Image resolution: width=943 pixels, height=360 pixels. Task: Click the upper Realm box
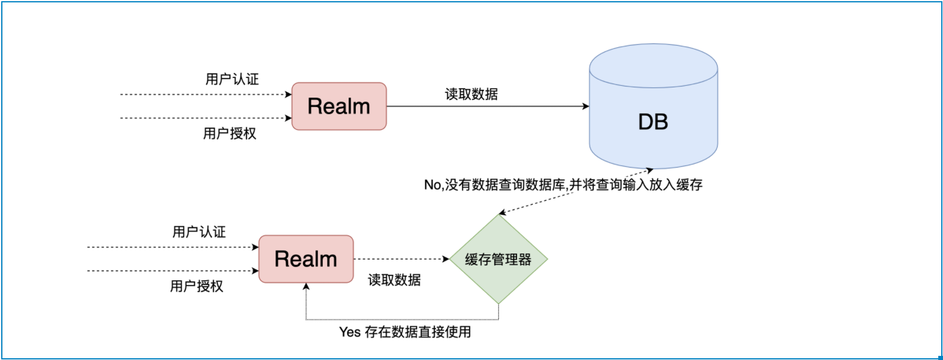click(339, 106)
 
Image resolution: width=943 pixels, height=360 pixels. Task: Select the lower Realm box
click(306, 259)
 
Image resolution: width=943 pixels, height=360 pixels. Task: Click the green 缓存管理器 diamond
click(498, 259)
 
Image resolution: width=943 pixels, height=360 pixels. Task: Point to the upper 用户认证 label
click(232, 79)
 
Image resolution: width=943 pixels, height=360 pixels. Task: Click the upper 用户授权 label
click(230, 134)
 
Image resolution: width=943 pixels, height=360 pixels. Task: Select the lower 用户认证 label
click(199, 232)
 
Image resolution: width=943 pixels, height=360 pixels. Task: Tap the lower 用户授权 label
click(197, 287)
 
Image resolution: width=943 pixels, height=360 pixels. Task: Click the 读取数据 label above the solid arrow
click(471, 94)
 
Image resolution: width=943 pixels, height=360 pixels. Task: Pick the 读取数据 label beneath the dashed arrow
click(394, 280)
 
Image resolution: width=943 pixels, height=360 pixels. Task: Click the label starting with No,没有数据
click(563, 185)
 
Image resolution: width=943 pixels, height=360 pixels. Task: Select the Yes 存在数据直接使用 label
click(405, 332)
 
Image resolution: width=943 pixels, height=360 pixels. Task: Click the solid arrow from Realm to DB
click(484, 106)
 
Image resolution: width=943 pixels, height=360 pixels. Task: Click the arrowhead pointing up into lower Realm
click(306, 286)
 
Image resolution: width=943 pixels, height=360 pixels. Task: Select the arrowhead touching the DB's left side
click(586, 106)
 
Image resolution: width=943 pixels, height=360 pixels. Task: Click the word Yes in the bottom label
click(350, 332)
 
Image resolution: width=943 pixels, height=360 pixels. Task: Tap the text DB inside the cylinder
click(653, 122)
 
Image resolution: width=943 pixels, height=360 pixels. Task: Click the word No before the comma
click(432, 185)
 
